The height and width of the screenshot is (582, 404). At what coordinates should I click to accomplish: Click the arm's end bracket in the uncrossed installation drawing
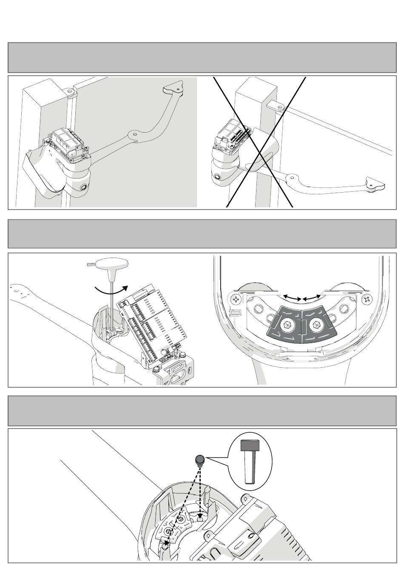point(173,88)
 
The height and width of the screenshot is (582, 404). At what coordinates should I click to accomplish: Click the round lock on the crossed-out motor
point(218,178)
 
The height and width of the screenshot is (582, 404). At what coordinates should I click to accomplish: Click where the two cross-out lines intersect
point(259,142)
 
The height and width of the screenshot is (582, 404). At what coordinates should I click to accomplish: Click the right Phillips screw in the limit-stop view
point(365,299)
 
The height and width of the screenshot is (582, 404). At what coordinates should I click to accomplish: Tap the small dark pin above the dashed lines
point(199,460)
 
